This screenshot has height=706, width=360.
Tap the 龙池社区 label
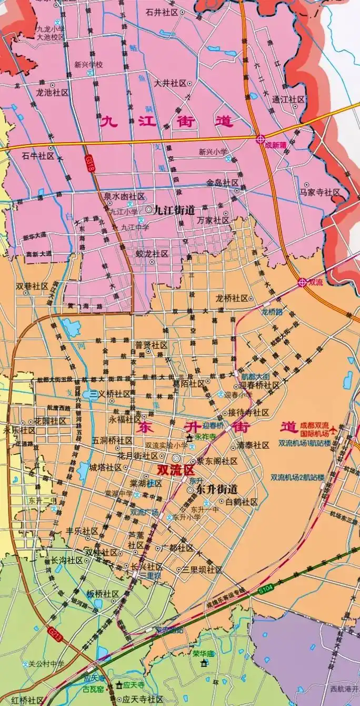(x=52, y=92)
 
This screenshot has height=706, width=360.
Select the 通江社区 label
(x=288, y=99)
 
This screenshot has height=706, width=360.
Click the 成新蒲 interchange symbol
(x=261, y=139)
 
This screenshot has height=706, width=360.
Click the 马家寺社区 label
(x=320, y=193)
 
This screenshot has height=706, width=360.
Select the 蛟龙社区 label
(x=152, y=254)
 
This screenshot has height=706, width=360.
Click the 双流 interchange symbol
(x=302, y=282)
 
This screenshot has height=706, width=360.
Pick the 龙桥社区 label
(x=232, y=298)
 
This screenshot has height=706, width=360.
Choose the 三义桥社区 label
(x=110, y=394)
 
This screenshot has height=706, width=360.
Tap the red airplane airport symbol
(x=333, y=433)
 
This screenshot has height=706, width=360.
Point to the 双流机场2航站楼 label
(x=297, y=478)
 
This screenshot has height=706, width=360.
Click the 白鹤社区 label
(x=241, y=502)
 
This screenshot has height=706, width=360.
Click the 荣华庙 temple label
(x=203, y=654)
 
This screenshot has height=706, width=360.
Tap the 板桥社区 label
(x=103, y=594)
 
